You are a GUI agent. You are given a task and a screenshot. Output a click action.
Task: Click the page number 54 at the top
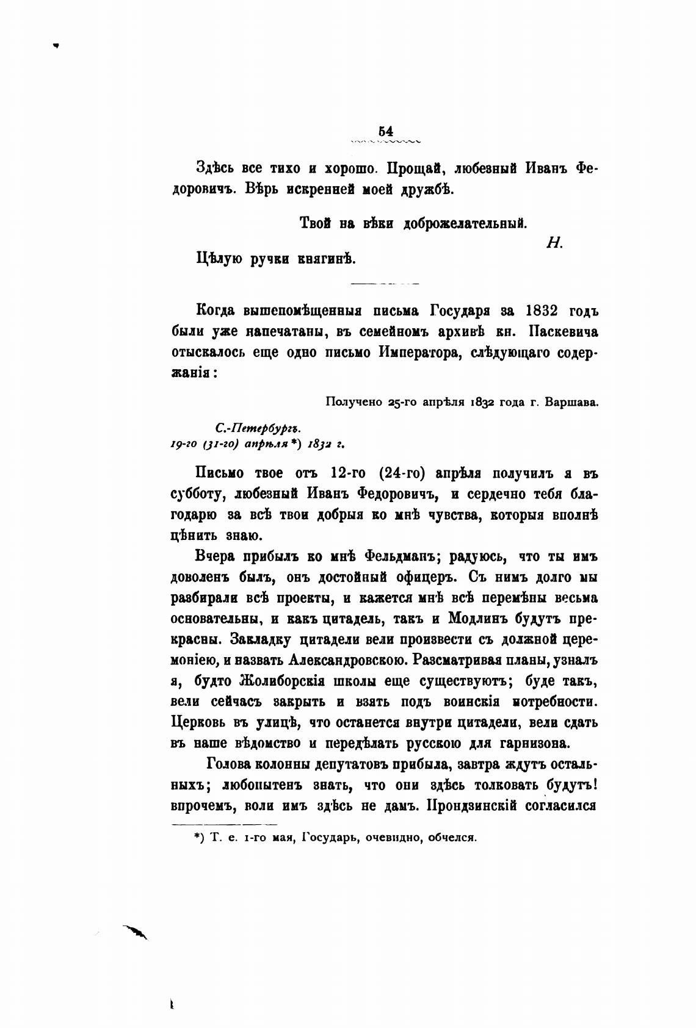point(385,131)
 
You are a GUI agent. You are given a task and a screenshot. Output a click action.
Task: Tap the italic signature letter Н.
point(554,242)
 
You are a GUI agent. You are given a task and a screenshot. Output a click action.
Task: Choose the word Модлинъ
point(483,618)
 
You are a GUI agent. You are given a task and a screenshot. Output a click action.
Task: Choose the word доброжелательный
point(465,223)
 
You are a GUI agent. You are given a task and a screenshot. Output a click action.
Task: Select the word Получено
point(352,402)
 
